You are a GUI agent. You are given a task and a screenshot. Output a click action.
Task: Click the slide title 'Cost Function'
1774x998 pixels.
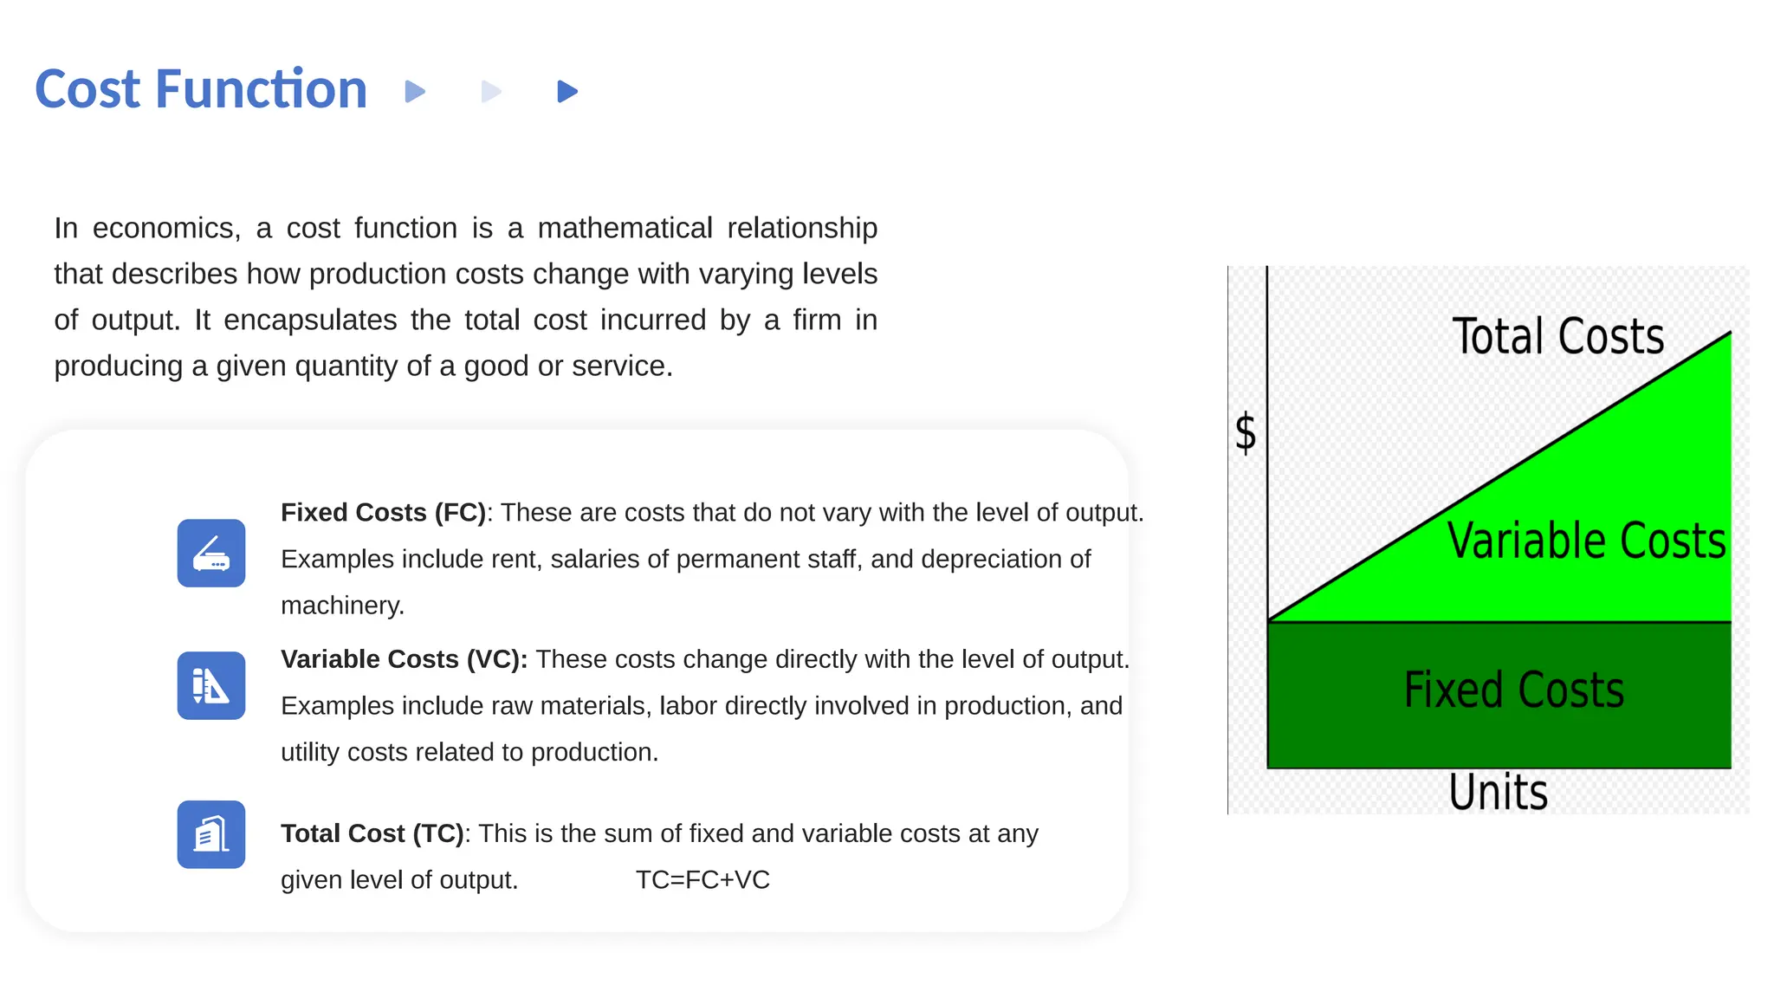pyautogui.click(x=201, y=89)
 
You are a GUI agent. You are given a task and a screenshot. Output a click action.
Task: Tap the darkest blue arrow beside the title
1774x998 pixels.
pyautogui.click(x=567, y=91)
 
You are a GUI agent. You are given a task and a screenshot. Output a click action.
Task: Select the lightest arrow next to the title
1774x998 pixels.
pyautogui.click(x=490, y=91)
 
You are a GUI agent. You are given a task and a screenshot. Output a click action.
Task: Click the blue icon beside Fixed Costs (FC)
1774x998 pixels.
pyautogui.click(x=211, y=554)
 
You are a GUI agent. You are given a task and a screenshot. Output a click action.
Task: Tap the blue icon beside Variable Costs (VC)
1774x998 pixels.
pyautogui.click(x=211, y=685)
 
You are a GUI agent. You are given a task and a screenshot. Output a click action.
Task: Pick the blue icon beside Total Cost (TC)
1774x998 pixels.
pyautogui.click(x=211, y=834)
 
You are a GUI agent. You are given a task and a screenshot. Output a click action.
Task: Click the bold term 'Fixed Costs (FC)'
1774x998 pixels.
pyautogui.click(x=383, y=512)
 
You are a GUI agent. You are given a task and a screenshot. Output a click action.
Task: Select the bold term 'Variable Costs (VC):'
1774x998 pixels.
pyautogui.click(x=404, y=659)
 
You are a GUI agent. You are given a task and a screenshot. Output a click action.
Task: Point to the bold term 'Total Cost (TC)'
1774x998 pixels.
pyautogui.click(x=372, y=833)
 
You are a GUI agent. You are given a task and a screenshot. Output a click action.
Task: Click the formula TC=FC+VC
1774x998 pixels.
pyautogui.click(x=702, y=879)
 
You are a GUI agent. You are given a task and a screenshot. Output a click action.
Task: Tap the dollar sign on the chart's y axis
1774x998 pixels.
pyautogui.click(x=1246, y=432)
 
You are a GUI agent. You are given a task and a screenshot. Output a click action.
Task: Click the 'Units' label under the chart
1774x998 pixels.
pyautogui.click(x=1498, y=792)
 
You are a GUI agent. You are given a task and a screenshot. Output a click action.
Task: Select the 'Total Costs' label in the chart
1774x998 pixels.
pyautogui.click(x=1557, y=336)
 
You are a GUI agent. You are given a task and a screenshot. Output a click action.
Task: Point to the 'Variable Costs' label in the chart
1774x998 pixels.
pyautogui.click(x=1585, y=541)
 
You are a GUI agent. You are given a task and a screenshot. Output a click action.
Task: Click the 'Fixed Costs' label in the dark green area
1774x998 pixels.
pyautogui.click(x=1513, y=690)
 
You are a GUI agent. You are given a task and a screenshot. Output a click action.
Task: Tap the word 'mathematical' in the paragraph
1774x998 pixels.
pyautogui.click(x=625, y=228)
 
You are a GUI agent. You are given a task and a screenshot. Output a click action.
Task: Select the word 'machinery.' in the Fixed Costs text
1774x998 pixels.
pyautogui.click(x=342, y=605)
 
